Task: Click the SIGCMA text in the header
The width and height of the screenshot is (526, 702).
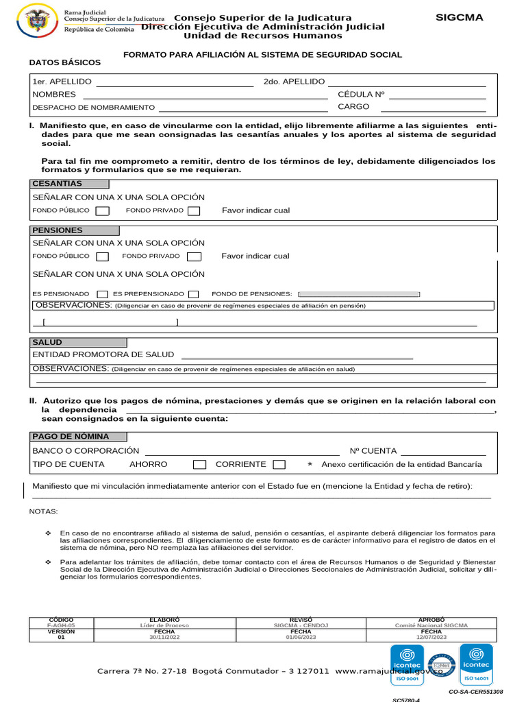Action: [460, 17]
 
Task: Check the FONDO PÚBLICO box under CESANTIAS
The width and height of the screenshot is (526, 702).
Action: [102, 211]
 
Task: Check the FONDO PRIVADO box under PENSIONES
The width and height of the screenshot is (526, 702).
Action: [195, 256]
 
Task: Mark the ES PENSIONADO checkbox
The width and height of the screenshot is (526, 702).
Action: [103, 294]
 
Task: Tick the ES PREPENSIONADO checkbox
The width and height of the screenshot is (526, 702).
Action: [194, 294]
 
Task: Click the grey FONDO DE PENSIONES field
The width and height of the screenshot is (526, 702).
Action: [360, 294]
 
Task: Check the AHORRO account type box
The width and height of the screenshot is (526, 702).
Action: [199, 465]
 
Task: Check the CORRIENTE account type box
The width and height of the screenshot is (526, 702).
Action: [279, 465]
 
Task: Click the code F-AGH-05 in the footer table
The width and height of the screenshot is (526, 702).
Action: [61, 626]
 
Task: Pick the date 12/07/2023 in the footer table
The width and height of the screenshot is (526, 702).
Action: [431, 638]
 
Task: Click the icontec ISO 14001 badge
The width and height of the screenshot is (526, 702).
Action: [476, 664]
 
